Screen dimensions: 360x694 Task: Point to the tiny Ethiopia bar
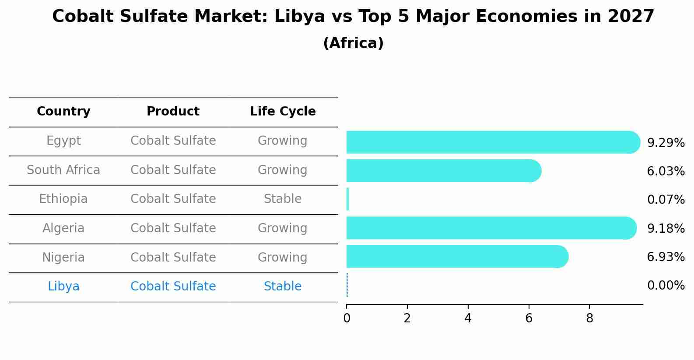[347, 199]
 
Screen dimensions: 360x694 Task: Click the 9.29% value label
[666, 143]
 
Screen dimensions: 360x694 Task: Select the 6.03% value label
[666, 171]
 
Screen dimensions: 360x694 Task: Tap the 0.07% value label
[666, 200]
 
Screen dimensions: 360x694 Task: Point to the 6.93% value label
[666, 257]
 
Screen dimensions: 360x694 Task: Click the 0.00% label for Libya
[666, 286]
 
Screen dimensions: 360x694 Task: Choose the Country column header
[63, 112]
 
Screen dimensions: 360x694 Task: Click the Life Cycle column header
[283, 112]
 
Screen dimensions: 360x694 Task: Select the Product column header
[173, 112]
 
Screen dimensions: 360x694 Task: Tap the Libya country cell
[63, 287]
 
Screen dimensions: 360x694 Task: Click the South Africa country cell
[63, 170]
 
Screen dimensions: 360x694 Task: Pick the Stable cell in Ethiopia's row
[283, 199]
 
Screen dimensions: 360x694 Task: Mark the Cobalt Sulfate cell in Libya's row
[173, 287]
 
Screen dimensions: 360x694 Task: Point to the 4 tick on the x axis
[468, 318]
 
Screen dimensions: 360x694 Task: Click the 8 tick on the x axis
[589, 318]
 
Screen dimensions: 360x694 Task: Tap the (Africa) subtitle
[353, 43]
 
